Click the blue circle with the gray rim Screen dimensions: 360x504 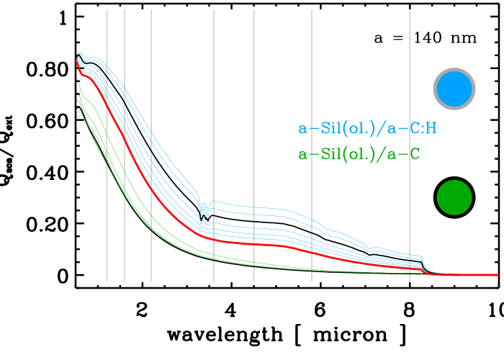coord(454,89)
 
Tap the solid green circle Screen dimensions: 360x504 coord(454,197)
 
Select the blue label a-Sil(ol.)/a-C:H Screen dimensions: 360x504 coord(367,130)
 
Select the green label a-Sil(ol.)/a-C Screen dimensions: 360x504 coord(359,154)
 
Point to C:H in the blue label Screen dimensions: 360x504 coord(420,130)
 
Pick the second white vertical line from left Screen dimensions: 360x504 coord(125,180)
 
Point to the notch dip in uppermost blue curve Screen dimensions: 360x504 coord(205,211)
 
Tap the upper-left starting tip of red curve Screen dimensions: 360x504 coord(77,62)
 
